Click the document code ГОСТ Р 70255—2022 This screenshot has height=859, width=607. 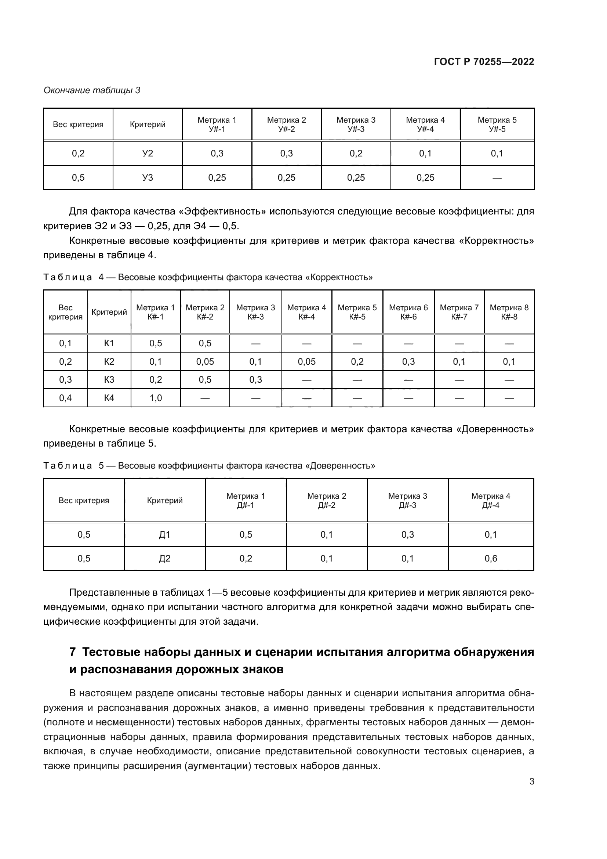point(484,62)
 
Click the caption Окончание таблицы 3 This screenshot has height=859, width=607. point(92,90)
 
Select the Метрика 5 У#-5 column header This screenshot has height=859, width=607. point(497,124)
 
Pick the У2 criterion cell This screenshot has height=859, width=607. point(148,154)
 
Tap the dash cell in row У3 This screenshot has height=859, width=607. point(497,178)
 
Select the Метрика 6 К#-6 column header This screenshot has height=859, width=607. point(408,312)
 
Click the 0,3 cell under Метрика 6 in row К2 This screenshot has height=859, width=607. point(408,361)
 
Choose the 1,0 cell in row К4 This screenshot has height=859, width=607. point(156,398)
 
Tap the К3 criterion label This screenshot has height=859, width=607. point(109,380)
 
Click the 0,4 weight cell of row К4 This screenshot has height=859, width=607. point(65,398)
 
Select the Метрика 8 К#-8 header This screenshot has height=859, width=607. point(509,312)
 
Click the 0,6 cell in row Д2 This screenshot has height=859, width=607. point(491,559)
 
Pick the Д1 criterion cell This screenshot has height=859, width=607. point(164,535)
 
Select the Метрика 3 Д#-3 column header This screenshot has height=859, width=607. point(407,501)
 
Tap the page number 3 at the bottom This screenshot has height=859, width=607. point(531,782)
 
